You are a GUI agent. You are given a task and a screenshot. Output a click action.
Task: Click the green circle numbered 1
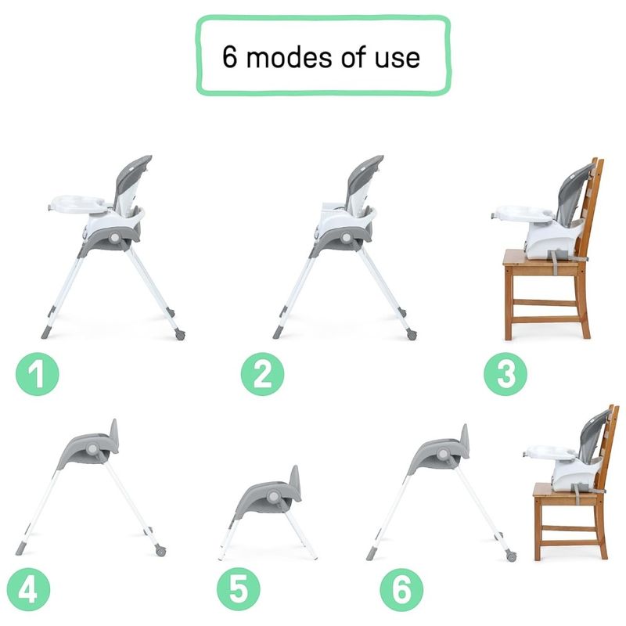point(37,374)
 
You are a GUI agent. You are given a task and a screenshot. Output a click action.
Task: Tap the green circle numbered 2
point(262,374)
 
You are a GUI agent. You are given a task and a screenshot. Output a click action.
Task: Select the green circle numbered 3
point(505,374)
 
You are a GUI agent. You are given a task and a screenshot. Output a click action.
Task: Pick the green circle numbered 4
point(28,590)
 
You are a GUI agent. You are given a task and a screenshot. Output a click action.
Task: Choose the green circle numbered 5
point(239,590)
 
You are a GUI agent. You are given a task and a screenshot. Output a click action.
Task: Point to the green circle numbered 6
point(401,590)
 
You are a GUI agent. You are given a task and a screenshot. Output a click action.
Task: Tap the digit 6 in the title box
point(229,56)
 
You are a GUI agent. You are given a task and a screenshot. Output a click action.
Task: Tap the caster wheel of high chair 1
point(180,335)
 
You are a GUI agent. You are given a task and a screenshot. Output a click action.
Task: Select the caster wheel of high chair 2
point(412,335)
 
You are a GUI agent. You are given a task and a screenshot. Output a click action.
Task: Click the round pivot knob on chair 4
point(92,448)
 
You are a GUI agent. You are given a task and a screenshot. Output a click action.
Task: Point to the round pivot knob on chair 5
point(273,497)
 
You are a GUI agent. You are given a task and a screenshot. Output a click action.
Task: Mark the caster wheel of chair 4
point(160,552)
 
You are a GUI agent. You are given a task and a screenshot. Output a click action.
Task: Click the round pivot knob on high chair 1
point(115,238)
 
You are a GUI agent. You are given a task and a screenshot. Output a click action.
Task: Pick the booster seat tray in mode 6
point(550,452)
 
